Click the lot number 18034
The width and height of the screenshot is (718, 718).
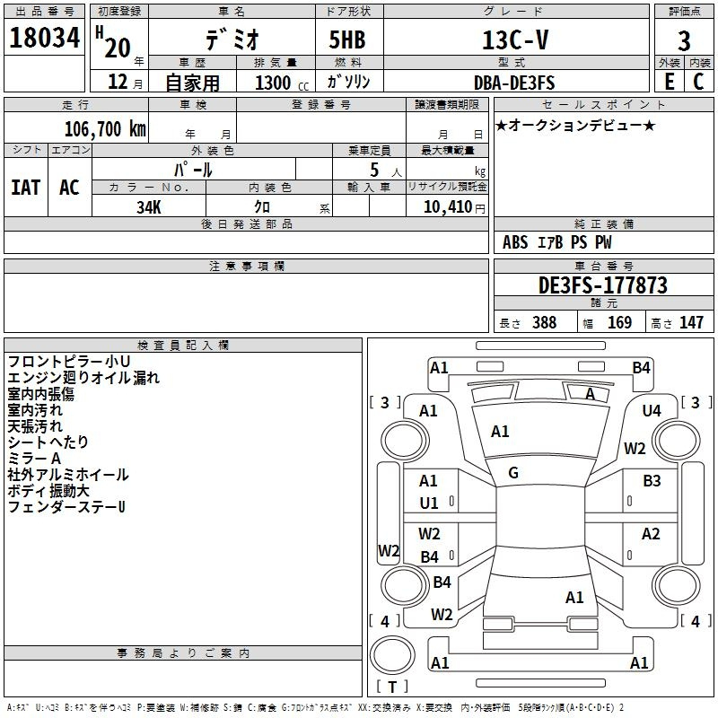(x=44, y=39)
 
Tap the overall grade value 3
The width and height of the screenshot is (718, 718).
(x=684, y=40)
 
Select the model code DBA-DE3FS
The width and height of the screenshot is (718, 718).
(x=514, y=83)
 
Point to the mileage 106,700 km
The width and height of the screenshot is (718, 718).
(x=104, y=128)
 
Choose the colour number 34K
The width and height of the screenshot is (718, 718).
(x=148, y=206)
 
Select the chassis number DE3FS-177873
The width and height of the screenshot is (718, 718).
(x=602, y=285)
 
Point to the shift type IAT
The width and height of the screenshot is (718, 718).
(x=26, y=187)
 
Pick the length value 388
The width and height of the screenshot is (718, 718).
(x=544, y=322)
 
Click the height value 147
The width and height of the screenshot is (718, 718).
(x=691, y=322)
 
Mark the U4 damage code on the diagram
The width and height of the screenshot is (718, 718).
(x=652, y=410)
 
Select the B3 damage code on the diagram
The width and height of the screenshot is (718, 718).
(x=652, y=481)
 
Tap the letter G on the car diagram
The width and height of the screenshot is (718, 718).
(x=513, y=473)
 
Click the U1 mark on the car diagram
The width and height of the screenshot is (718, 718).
(x=429, y=503)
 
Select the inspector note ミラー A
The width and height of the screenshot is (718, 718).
(x=33, y=459)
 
